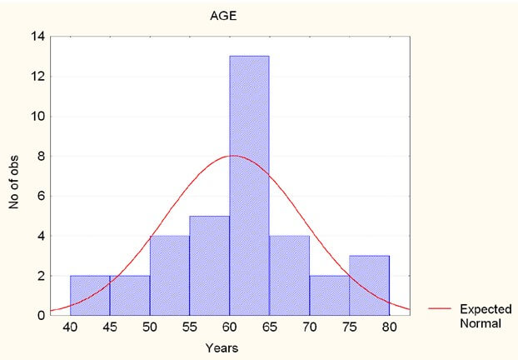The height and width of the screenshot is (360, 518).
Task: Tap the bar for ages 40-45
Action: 90,295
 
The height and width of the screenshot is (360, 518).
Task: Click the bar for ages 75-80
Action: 369,285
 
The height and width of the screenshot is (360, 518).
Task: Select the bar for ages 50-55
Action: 170,275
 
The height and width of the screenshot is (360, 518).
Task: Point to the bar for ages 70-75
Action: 329,295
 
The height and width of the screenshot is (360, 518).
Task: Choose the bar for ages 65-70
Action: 289,275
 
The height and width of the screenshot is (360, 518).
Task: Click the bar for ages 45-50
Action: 130,295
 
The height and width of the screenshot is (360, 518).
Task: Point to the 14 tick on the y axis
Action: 37,37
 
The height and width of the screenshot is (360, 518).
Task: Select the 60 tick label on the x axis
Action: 229,329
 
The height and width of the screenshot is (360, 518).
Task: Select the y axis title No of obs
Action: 15,176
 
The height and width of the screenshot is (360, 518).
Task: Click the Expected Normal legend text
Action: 484,315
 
